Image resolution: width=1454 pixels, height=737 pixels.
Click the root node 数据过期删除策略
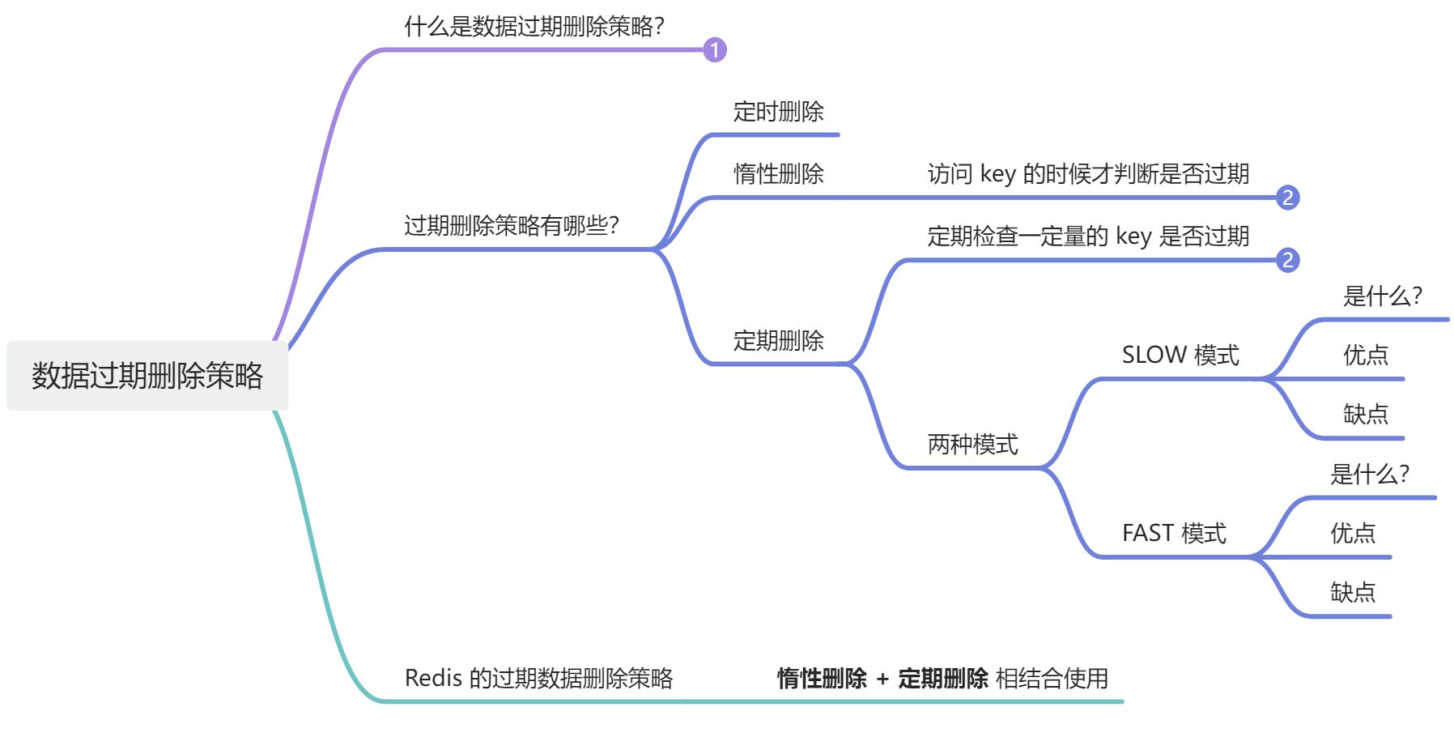click(x=147, y=376)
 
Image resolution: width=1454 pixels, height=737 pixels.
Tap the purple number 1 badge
click(x=714, y=50)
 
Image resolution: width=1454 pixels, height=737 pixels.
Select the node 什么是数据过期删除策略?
click(x=534, y=27)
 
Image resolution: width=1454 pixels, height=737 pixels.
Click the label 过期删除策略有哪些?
click(x=512, y=225)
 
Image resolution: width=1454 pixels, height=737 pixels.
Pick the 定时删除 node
click(x=778, y=112)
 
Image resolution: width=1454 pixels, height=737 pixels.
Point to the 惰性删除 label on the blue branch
click(x=778, y=173)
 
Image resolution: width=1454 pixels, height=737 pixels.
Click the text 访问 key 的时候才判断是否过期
click(x=1088, y=173)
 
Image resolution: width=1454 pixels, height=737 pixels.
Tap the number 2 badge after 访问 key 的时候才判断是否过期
click(x=1287, y=198)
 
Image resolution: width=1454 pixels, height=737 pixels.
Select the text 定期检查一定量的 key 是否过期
click(x=1088, y=236)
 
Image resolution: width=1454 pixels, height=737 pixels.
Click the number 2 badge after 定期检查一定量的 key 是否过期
click(x=1287, y=260)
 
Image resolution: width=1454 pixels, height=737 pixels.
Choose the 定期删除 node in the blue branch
click(x=778, y=341)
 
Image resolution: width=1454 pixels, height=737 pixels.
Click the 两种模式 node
click(x=972, y=445)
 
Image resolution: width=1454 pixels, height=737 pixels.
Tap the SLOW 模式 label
click(x=1180, y=355)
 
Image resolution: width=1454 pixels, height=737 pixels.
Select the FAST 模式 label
click(x=1174, y=533)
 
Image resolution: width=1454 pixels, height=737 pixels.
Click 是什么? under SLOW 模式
click(x=1382, y=296)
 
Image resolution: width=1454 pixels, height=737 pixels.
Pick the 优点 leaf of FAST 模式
click(x=1353, y=533)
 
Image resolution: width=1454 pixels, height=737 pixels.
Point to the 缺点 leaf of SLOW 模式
click(x=1366, y=415)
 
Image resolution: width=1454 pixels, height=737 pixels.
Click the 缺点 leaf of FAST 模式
click(x=1353, y=593)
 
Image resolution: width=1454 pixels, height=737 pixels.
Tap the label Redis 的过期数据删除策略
click(x=538, y=678)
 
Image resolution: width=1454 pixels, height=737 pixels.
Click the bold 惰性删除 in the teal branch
click(x=822, y=678)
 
